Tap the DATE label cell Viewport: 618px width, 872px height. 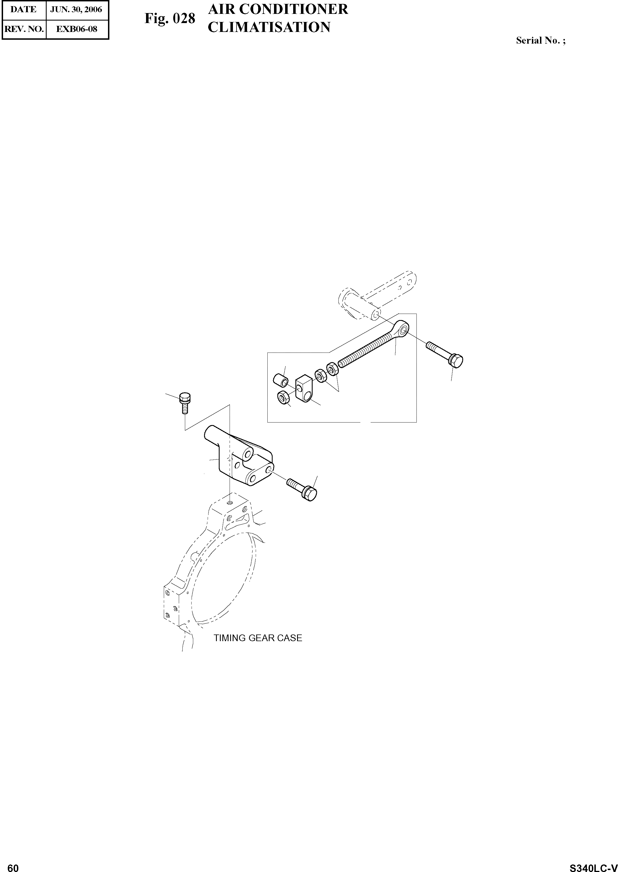(23, 9)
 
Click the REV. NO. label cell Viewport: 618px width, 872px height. (24, 29)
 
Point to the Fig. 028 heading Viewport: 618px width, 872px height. (169, 18)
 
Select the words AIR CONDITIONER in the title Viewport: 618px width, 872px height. (278, 9)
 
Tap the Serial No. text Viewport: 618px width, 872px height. (540, 40)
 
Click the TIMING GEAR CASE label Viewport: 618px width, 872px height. (258, 638)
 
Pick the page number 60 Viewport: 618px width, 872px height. (13, 865)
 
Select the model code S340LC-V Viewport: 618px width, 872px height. (593, 865)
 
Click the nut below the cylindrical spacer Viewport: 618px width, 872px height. (283, 398)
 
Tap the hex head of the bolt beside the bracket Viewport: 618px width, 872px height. (310, 494)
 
